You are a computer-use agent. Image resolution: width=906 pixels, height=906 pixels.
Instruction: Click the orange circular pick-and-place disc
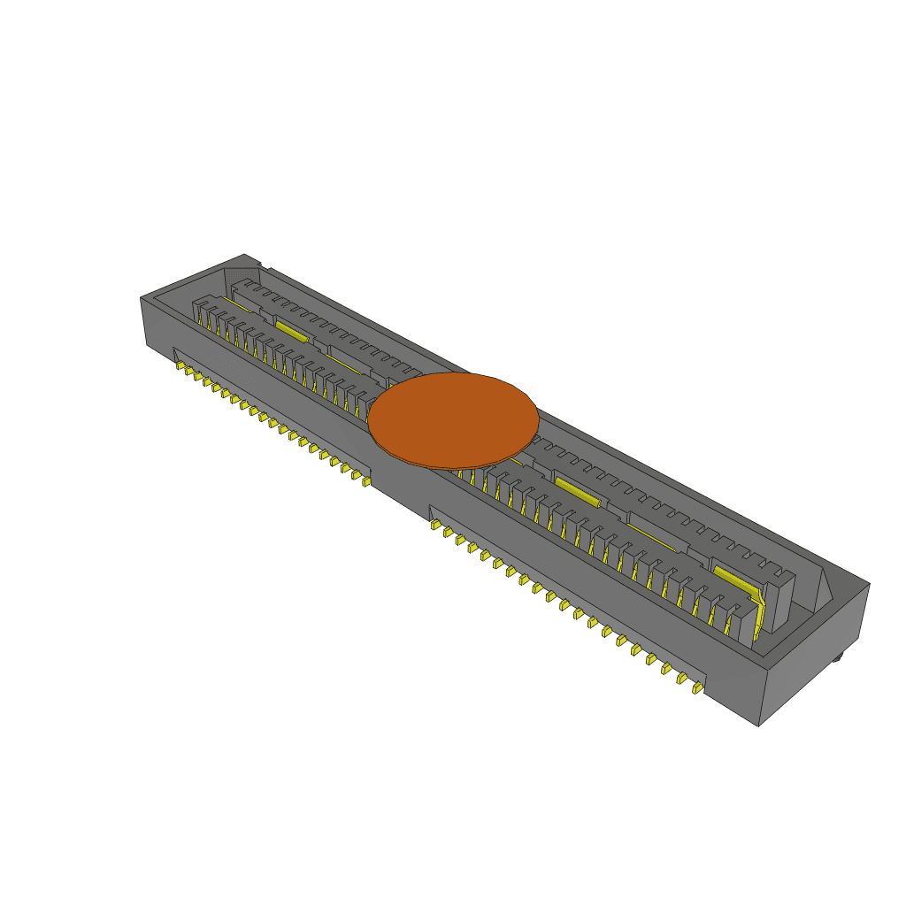click(x=452, y=420)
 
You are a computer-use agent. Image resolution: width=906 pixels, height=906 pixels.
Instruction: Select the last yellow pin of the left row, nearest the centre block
click(x=365, y=483)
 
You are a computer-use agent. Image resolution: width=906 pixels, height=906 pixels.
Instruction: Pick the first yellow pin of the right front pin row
click(x=435, y=525)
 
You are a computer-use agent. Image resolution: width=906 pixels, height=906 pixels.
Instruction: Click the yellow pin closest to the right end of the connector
click(x=697, y=687)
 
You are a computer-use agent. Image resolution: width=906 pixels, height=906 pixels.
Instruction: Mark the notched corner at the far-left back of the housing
click(x=257, y=262)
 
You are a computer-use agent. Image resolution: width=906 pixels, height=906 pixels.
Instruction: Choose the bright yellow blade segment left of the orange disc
click(x=290, y=331)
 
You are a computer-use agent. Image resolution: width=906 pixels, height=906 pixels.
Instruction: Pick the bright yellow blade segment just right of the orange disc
click(x=577, y=491)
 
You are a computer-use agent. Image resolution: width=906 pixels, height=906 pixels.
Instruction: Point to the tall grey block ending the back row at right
click(x=779, y=602)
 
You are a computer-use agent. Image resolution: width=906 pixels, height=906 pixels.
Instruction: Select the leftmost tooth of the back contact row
click(x=239, y=287)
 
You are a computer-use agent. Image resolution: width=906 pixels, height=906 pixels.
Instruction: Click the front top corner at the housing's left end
click(x=142, y=299)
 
